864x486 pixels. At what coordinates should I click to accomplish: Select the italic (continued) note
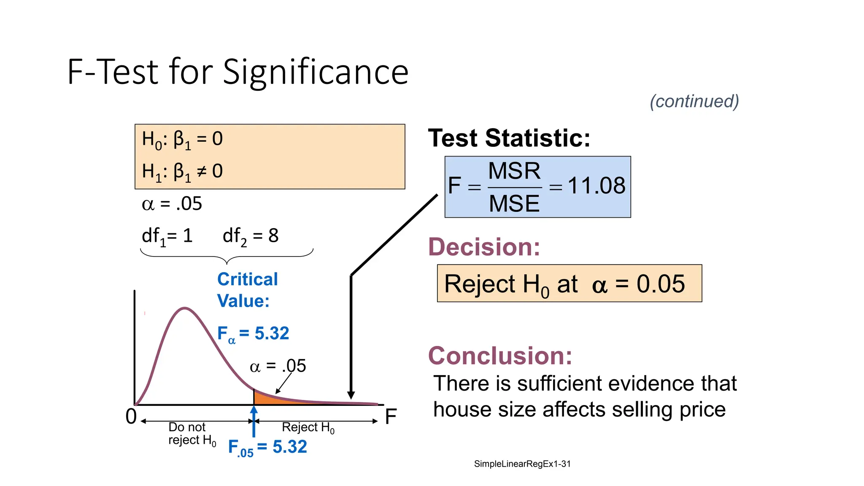[x=694, y=101]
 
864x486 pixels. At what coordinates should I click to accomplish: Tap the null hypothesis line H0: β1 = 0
[x=182, y=139]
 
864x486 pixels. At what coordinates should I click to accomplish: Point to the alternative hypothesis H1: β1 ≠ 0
[x=182, y=172]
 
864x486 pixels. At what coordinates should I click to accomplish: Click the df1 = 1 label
[x=167, y=236]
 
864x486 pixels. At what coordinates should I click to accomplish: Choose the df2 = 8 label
[x=251, y=236]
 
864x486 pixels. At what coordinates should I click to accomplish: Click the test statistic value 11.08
[x=597, y=186]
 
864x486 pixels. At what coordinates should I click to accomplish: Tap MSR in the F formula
[x=514, y=171]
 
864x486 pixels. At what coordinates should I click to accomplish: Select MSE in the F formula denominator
[x=514, y=203]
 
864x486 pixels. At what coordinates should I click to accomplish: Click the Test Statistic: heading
[x=509, y=138]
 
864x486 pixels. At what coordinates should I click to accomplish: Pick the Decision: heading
[x=484, y=247]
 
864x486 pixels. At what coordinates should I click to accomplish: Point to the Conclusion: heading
[x=500, y=356]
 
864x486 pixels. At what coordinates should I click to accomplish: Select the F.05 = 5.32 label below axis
[x=267, y=447]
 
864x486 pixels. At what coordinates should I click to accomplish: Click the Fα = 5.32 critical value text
[x=253, y=334]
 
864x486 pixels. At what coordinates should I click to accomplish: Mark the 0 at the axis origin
[x=131, y=416]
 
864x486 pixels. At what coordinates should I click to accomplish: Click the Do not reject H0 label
[x=192, y=434]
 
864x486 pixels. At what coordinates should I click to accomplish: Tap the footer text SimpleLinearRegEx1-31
[x=522, y=464]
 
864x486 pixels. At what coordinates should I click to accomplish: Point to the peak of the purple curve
[x=185, y=308]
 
